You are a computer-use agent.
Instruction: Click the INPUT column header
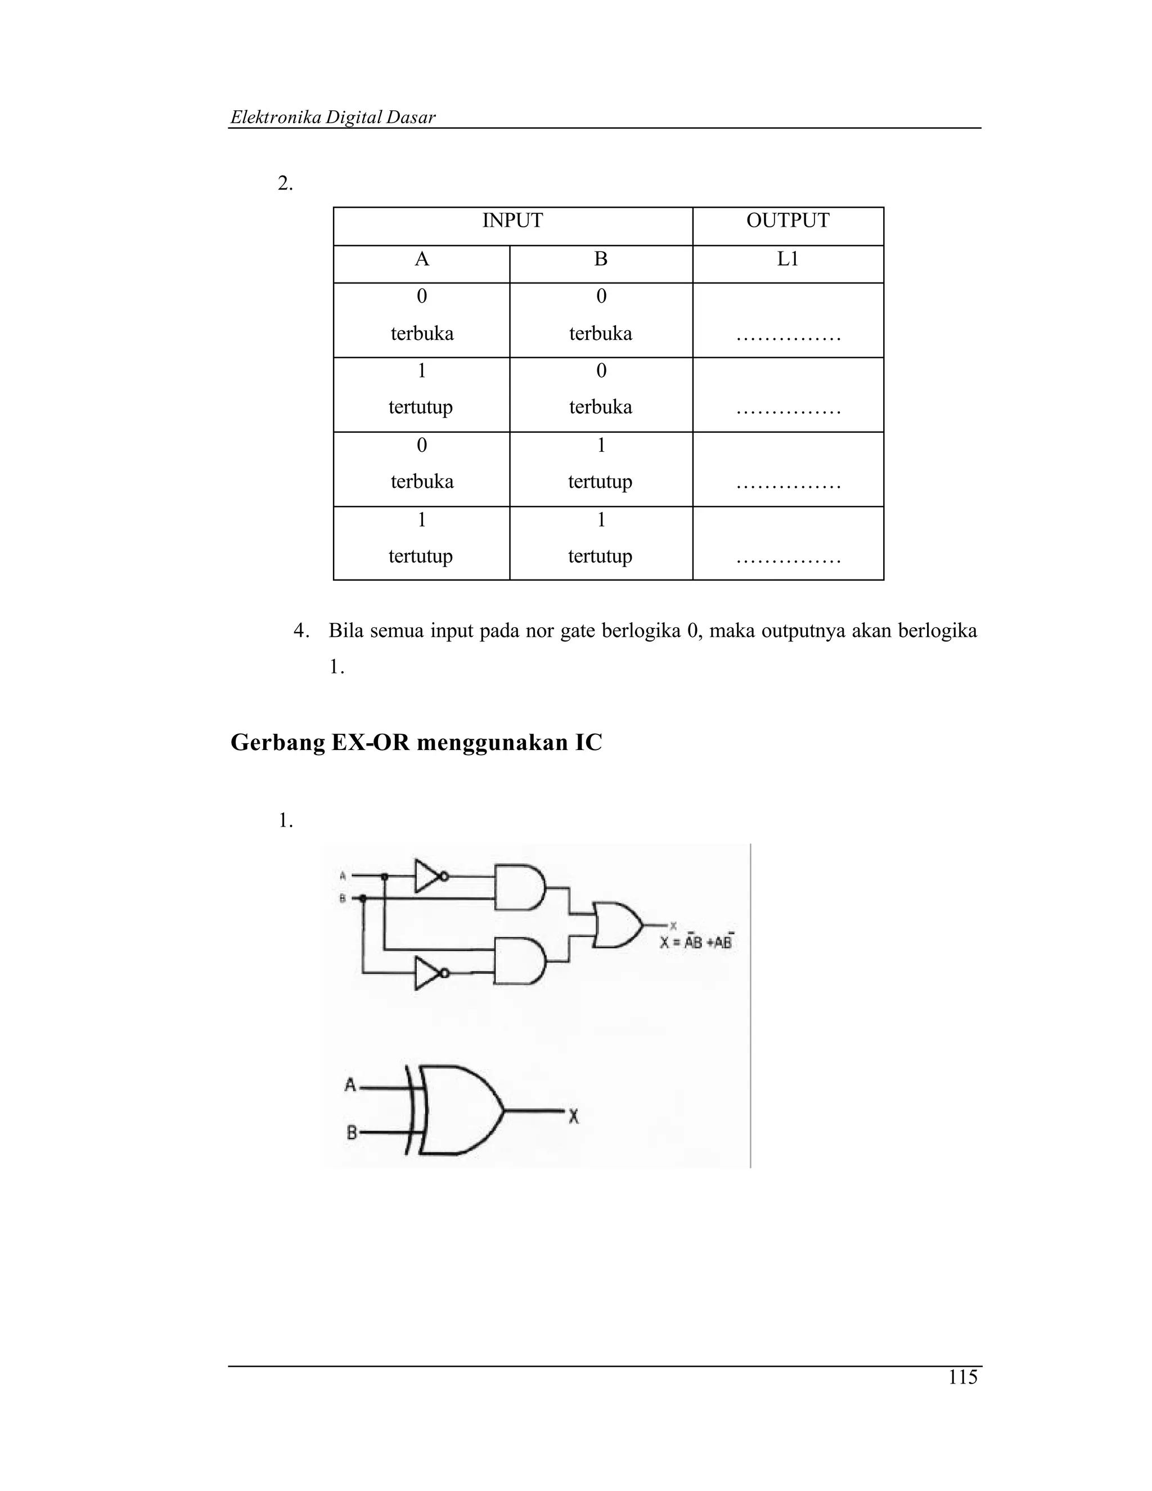[x=512, y=221]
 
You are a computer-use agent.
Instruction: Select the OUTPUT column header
[x=787, y=221]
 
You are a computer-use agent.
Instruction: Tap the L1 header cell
[x=787, y=259]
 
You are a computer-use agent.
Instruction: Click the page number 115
[x=962, y=1378]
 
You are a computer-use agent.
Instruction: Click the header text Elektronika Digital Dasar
[x=333, y=118]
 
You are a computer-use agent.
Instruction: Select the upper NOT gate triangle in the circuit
[x=428, y=876]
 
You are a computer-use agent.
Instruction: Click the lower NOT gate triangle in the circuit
[x=428, y=973]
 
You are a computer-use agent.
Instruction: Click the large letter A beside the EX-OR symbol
[x=350, y=1084]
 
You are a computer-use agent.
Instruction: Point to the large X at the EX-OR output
[x=574, y=1117]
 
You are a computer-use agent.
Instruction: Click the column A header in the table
[x=422, y=259]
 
